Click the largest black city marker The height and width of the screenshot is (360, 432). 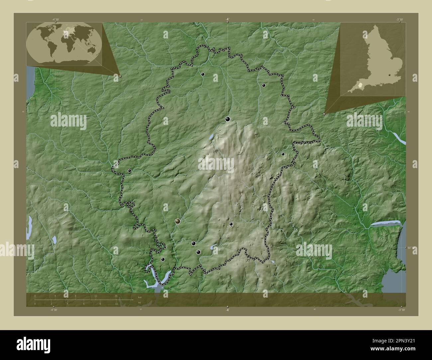click(x=228, y=119)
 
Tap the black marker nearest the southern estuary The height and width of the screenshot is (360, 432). click(x=163, y=259)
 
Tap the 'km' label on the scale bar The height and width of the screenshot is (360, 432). click(x=135, y=298)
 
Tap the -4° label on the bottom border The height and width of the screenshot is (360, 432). click(x=227, y=310)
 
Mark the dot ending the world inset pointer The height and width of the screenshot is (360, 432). click(x=120, y=76)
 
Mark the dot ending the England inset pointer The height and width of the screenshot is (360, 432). click(x=324, y=114)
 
